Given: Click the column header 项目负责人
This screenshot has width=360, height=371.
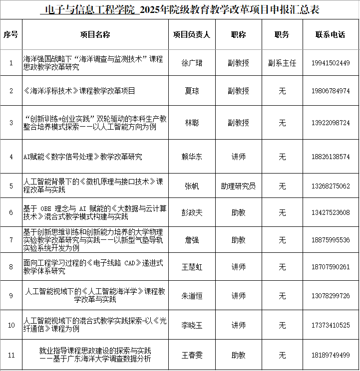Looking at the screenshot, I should (192, 34).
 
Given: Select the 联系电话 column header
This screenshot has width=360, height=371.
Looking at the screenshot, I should (330, 34).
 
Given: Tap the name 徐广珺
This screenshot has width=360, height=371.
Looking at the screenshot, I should (192, 63).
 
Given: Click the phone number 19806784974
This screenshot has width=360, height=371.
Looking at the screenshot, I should (330, 91).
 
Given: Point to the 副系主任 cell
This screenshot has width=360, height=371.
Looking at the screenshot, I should (282, 63).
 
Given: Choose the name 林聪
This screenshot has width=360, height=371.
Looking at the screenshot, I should (192, 123).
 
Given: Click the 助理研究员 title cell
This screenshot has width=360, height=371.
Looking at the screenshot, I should (238, 186).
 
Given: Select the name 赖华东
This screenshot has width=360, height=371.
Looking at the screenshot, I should (192, 157).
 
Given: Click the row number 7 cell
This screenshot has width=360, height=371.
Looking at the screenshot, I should (11, 240).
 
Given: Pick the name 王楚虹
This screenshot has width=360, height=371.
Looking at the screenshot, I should (192, 267).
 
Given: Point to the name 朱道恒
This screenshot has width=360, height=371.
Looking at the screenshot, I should (192, 296).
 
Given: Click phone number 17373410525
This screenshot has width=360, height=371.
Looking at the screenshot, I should (330, 326).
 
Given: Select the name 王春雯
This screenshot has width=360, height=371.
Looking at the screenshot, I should (192, 355).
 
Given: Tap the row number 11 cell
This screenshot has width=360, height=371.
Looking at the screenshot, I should (11, 355).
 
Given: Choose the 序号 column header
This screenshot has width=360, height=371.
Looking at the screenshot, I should (11, 34).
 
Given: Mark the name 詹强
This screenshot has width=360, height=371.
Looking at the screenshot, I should (192, 240).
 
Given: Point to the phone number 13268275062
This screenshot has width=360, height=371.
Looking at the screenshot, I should (330, 186).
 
